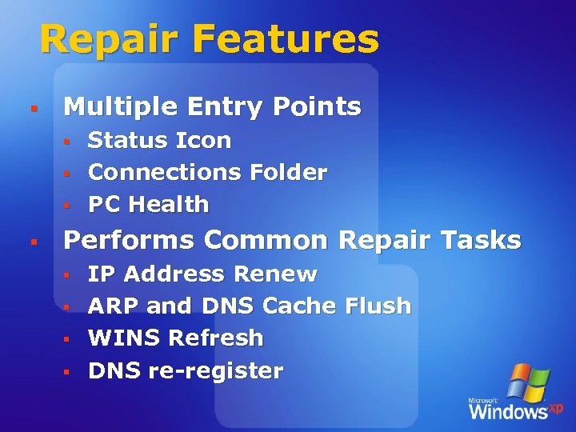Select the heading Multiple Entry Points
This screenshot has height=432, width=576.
[x=212, y=106]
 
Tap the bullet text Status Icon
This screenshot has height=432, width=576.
[x=159, y=141]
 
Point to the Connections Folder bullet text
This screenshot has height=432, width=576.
[x=207, y=173]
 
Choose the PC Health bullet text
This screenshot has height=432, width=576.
[x=148, y=205]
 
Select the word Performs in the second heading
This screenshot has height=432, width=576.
[x=128, y=240]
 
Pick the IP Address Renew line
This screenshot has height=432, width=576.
[x=202, y=274]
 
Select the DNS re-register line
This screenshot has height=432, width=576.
[x=186, y=371]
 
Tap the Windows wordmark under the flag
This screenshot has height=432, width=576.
[x=507, y=411]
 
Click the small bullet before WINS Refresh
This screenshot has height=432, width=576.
[x=68, y=339]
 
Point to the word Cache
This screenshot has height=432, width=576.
[x=300, y=306]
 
